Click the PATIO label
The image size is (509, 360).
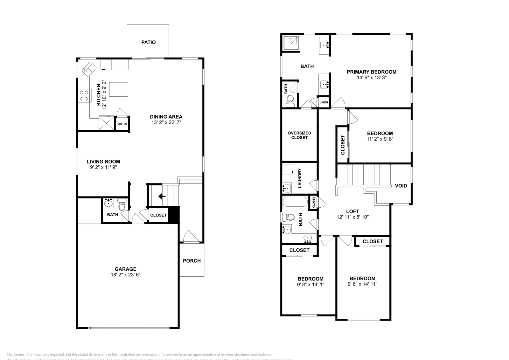[x=148, y=42]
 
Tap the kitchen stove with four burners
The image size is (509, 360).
[x=84, y=96]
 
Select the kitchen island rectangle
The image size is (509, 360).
[x=119, y=89]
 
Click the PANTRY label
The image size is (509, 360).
[x=122, y=124]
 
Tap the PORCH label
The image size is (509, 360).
[x=192, y=261]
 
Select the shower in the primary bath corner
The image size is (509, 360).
[x=291, y=43]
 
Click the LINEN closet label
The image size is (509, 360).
[x=324, y=102]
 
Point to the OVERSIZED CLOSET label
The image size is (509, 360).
[x=299, y=135]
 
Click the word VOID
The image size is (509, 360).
[x=401, y=186]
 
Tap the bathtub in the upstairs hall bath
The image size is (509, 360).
[x=295, y=202]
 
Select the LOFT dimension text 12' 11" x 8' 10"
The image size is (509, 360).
[x=352, y=217]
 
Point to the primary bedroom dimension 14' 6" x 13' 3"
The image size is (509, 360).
[x=371, y=77]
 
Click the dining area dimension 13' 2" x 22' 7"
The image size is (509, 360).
[x=166, y=122]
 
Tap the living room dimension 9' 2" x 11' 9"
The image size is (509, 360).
[x=103, y=167]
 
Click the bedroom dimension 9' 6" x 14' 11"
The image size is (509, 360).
[x=362, y=284]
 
